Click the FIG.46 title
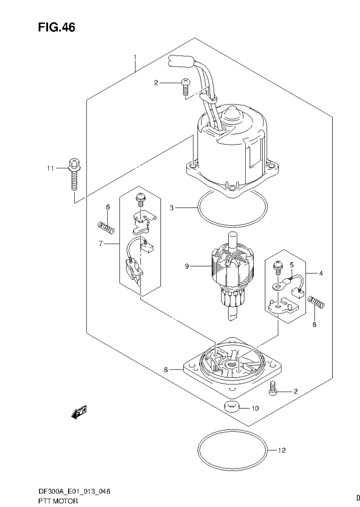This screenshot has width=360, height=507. (x=56, y=27)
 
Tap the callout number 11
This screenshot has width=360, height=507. (x=49, y=168)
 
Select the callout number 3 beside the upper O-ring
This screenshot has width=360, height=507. (x=171, y=208)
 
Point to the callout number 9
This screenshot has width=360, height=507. (x=187, y=266)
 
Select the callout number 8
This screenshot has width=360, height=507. (x=166, y=370)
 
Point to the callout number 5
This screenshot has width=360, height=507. (x=291, y=265)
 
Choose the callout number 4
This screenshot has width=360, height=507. (x=321, y=273)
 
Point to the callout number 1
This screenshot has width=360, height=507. (x=135, y=57)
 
